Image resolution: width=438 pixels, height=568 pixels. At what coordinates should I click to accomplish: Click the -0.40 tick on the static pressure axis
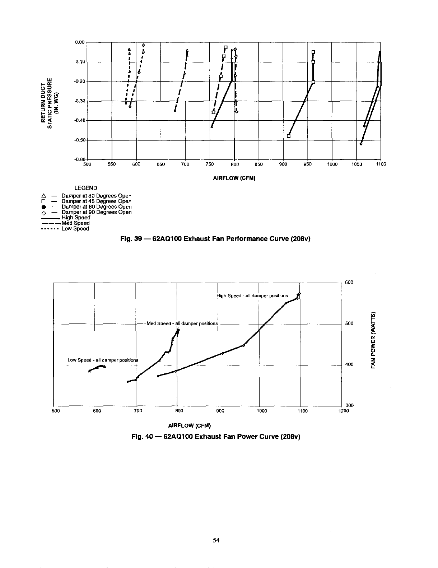pyautogui.click(x=79, y=121)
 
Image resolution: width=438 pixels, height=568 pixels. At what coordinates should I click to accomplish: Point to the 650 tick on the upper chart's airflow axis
pyautogui.click(x=160, y=164)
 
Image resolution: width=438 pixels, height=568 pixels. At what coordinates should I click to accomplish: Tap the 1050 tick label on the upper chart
pyautogui.click(x=357, y=164)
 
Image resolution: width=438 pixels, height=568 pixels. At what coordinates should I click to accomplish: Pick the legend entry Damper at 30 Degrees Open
pyautogui.click(x=96, y=196)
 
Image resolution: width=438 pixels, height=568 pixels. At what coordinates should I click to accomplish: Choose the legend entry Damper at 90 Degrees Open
pyautogui.click(x=96, y=212)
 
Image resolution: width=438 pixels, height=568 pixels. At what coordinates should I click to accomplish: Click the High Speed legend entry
pyautogui.click(x=76, y=218)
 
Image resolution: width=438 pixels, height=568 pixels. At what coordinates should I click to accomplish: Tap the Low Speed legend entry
pyautogui.click(x=75, y=229)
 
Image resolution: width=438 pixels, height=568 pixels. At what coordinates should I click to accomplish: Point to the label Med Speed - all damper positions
pyautogui.click(x=182, y=323)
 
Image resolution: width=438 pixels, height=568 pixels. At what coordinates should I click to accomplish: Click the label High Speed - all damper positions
pyautogui.click(x=252, y=296)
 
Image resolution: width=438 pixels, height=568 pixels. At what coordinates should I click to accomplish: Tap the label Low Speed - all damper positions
pyautogui.click(x=103, y=360)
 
